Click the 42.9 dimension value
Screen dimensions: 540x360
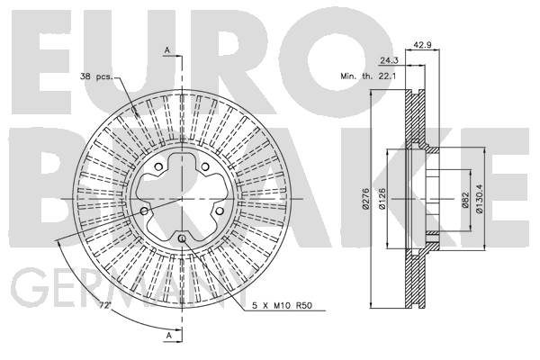[423, 45]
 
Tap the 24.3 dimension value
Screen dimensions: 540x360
[389, 60]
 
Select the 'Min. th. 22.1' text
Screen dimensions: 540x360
[368, 76]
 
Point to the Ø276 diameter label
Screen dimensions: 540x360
[365, 199]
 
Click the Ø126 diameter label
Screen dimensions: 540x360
[382, 199]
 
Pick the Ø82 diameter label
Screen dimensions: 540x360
[465, 200]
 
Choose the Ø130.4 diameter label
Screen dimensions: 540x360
[479, 199]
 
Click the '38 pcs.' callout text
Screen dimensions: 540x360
[96, 76]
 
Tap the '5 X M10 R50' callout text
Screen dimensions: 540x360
[282, 306]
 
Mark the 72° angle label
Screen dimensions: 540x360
[104, 305]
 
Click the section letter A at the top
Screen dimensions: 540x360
[167, 50]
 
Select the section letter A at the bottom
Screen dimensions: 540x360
[169, 335]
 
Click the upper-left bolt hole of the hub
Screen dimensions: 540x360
[158, 167]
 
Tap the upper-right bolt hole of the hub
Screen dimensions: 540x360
[205, 167]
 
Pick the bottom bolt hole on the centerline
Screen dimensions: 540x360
[182, 238]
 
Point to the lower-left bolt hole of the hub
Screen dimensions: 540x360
[144, 211]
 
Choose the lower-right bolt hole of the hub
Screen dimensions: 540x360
[220, 211]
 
